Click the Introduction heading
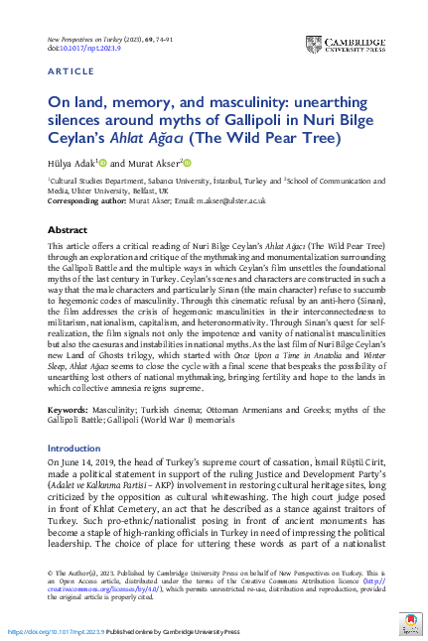click(x=74, y=448)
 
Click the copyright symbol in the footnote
click(x=50, y=573)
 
